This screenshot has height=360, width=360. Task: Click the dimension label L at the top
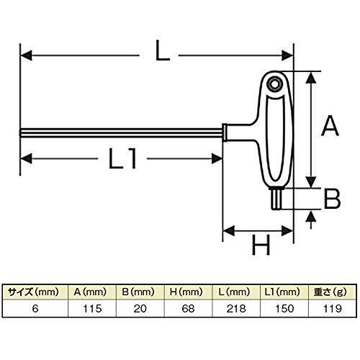tap(163, 50)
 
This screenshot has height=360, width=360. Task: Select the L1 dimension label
tap(123, 158)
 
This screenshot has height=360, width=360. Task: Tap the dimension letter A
tap(330, 126)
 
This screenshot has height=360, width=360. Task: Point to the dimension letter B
tap(332, 198)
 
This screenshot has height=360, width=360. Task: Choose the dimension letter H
tap(261, 245)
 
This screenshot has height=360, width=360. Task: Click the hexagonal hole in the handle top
tap(274, 84)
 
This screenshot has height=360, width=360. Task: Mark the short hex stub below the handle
tap(276, 199)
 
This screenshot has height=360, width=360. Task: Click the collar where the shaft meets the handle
tap(225, 132)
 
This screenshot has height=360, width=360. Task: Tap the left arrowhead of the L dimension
tap(26, 55)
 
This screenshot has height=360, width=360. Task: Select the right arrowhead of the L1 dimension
tap(217, 158)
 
